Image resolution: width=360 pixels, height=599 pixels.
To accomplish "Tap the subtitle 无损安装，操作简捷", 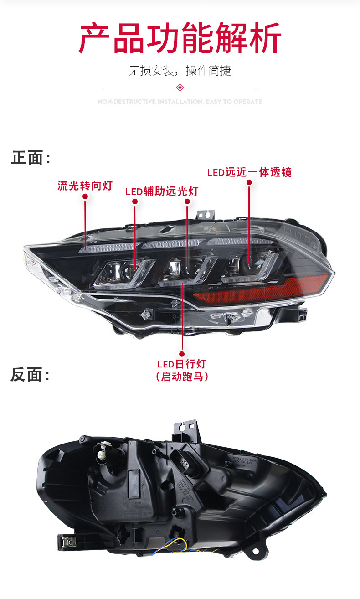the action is coord(180,71).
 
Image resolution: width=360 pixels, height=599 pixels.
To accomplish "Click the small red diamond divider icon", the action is coord(180,87).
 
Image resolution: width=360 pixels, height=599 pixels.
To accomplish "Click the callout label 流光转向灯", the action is coord(85,186).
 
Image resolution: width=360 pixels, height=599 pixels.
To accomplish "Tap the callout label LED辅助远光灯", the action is coord(162,191).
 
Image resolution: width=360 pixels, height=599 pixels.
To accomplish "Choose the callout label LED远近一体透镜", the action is coord(249,172).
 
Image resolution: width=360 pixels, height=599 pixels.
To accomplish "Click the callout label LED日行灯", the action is coord(182,364).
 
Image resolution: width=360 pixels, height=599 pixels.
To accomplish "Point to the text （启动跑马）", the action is coord(182,377).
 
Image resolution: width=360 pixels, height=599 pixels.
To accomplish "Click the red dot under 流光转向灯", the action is coord(85,196).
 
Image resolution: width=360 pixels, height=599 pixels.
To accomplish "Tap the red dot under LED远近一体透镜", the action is coord(249,182).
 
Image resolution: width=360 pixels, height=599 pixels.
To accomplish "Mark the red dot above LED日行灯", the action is coord(182,353).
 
